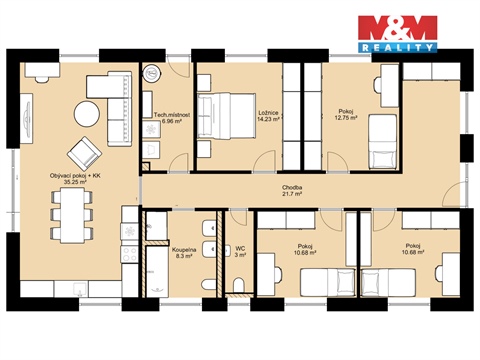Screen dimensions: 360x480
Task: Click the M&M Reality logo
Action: pos(397,33)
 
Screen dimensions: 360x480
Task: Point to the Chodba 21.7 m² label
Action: pos(292,192)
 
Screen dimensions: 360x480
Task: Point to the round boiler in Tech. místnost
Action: pos(153,73)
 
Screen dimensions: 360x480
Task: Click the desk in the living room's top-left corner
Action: pos(41,71)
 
